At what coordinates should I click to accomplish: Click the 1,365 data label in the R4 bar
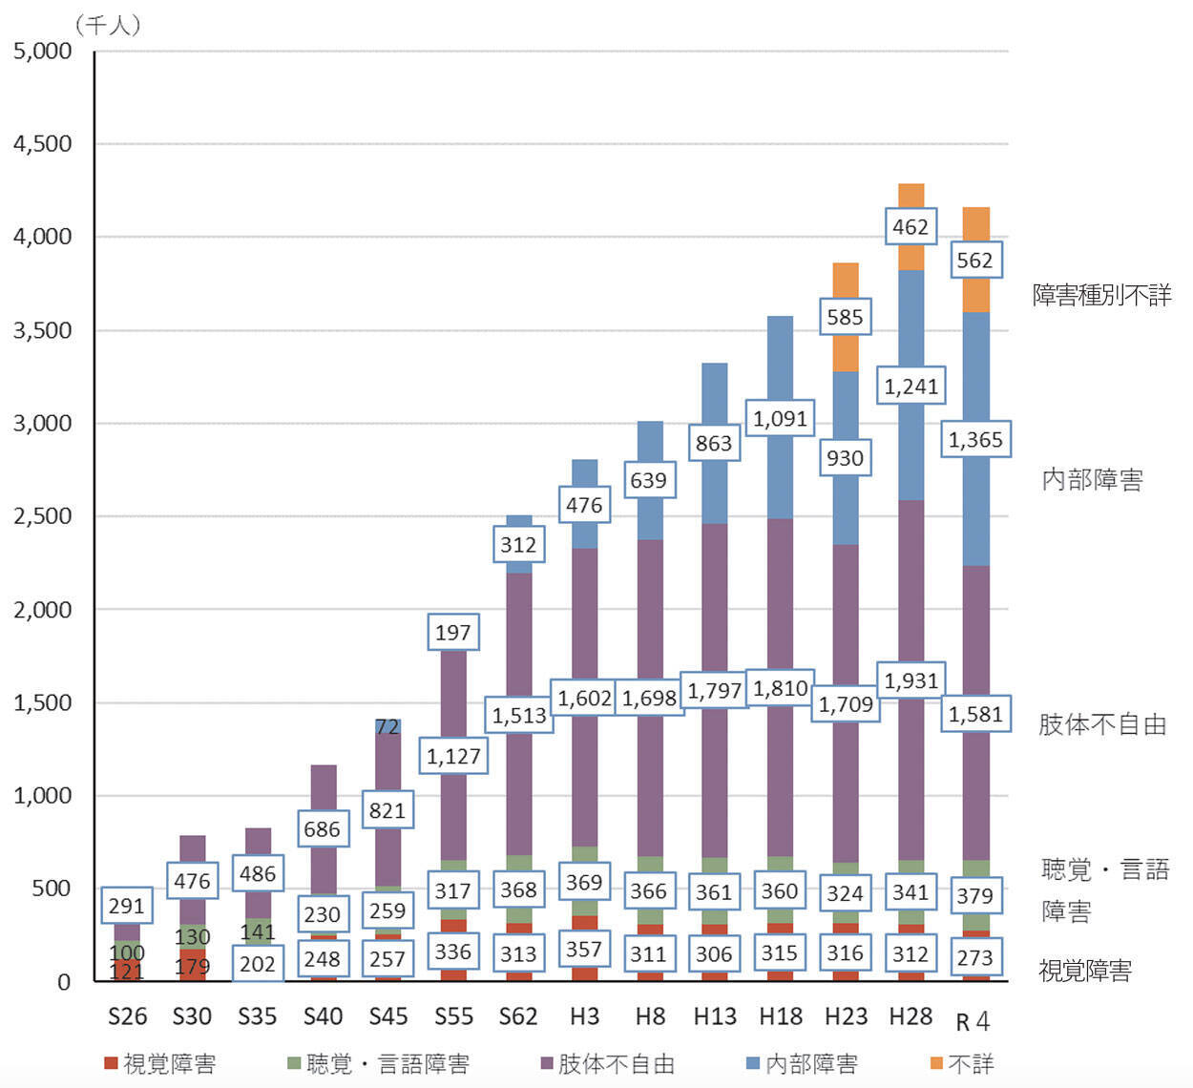[x=975, y=440]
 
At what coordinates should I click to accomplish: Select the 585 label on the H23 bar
[x=845, y=317]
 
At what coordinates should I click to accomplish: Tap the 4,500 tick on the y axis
[x=42, y=143]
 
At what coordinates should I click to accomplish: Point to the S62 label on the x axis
[x=518, y=1016]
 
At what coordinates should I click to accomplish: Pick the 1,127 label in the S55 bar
[x=453, y=756]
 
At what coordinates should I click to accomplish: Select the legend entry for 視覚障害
[x=160, y=1063]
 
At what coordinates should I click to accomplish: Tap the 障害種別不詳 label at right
[x=1102, y=295]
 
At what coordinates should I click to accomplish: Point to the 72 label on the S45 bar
[x=387, y=727]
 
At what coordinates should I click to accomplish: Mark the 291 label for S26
[x=127, y=905]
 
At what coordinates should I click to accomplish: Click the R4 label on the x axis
[x=973, y=1021]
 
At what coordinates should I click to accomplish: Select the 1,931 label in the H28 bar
[x=910, y=680]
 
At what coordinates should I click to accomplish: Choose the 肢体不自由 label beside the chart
[x=1102, y=724]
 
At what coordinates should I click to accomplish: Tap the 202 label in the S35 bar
[x=258, y=964]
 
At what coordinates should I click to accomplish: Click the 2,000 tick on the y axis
[x=42, y=609]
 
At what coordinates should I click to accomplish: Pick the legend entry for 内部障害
[x=802, y=1063]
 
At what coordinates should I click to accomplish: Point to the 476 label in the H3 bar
[x=584, y=505]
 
